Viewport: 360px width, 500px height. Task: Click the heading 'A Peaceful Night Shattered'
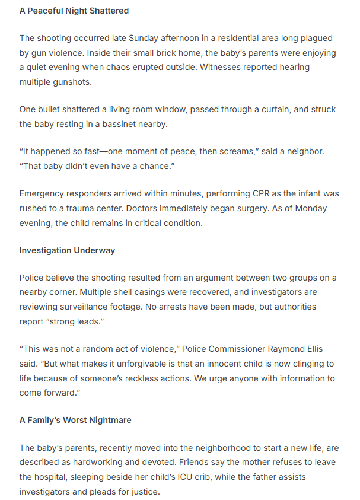(74, 11)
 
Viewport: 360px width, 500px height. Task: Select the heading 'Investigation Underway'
(67, 250)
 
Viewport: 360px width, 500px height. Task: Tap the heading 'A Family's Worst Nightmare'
(75, 420)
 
